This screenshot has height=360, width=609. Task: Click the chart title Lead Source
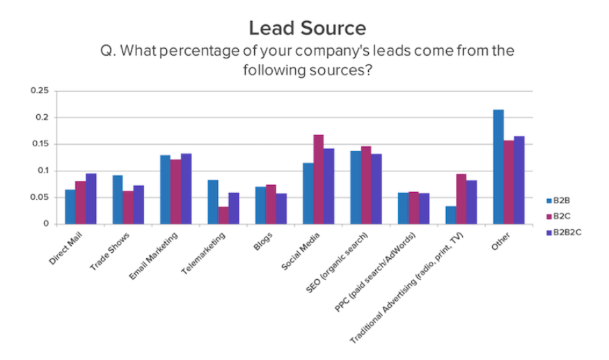(x=307, y=29)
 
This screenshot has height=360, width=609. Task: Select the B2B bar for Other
(x=498, y=167)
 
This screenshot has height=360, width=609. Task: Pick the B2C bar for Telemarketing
(x=223, y=215)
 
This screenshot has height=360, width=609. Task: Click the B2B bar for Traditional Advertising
(x=451, y=215)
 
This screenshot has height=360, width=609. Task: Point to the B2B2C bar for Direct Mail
(x=91, y=198)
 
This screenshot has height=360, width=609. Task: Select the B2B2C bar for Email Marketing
(x=186, y=189)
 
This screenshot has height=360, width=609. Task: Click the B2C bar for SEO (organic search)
(x=366, y=185)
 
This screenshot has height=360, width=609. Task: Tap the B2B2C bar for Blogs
(x=280, y=209)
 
